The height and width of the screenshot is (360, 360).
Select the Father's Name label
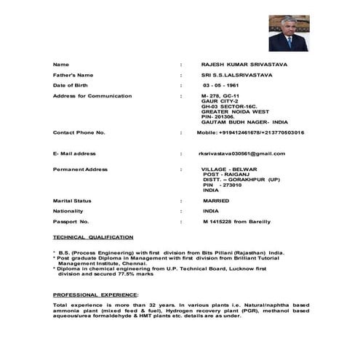(x=73, y=75)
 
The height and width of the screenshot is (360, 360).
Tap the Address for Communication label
(x=92, y=96)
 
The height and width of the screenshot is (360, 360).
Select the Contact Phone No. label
(x=79, y=132)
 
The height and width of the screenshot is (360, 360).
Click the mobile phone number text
(x=251, y=132)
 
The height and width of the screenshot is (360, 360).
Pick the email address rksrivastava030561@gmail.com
(x=247, y=153)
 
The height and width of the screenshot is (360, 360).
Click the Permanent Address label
(x=80, y=169)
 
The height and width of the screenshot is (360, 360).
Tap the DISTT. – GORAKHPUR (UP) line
(x=241, y=179)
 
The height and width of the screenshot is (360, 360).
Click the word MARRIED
(x=216, y=199)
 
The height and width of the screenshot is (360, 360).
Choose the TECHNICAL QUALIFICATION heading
(x=93, y=237)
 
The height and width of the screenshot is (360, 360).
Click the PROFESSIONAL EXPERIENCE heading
(x=95, y=294)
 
